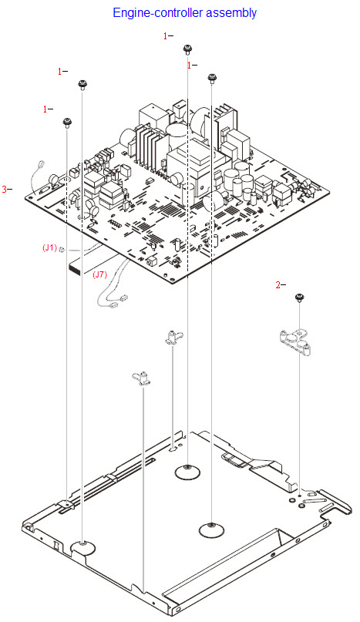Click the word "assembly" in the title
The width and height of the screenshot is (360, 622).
pyautogui.click(x=230, y=13)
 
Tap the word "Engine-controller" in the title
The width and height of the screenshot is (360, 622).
pyautogui.click(x=157, y=12)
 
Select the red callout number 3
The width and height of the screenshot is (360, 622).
pyautogui.click(x=5, y=189)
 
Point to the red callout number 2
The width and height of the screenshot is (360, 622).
pyautogui.click(x=278, y=284)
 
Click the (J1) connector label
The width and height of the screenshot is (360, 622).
pyautogui.click(x=49, y=248)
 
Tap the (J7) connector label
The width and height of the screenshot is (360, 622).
pyautogui.click(x=99, y=274)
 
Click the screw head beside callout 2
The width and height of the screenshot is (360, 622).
pyautogui.click(x=299, y=297)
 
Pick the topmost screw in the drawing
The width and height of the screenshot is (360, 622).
pyautogui.click(x=187, y=49)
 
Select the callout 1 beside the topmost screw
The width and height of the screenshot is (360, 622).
pyautogui.click(x=166, y=36)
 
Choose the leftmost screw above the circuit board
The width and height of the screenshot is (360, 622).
pyautogui.click(x=67, y=122)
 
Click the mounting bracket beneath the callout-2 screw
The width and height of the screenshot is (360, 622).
pyautogui.click(x=294, y=341)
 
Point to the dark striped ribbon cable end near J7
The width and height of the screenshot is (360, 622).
pyautogui.click(x=75, y=269)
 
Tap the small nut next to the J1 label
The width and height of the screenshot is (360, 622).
pyautogui.click(x=62, y=250)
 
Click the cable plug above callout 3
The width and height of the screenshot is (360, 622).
pyautogui.click(x=40, y=165)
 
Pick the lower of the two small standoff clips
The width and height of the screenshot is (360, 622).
pyautogui.click(x=141, y=378)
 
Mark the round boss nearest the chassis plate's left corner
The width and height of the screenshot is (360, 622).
pyautogui.click(x=82, y=548)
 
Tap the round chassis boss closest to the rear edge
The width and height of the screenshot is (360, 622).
pyautogui.click(x=188, y=472)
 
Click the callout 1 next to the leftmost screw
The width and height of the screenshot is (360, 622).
pyautogui.click(x=45, y=109)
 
